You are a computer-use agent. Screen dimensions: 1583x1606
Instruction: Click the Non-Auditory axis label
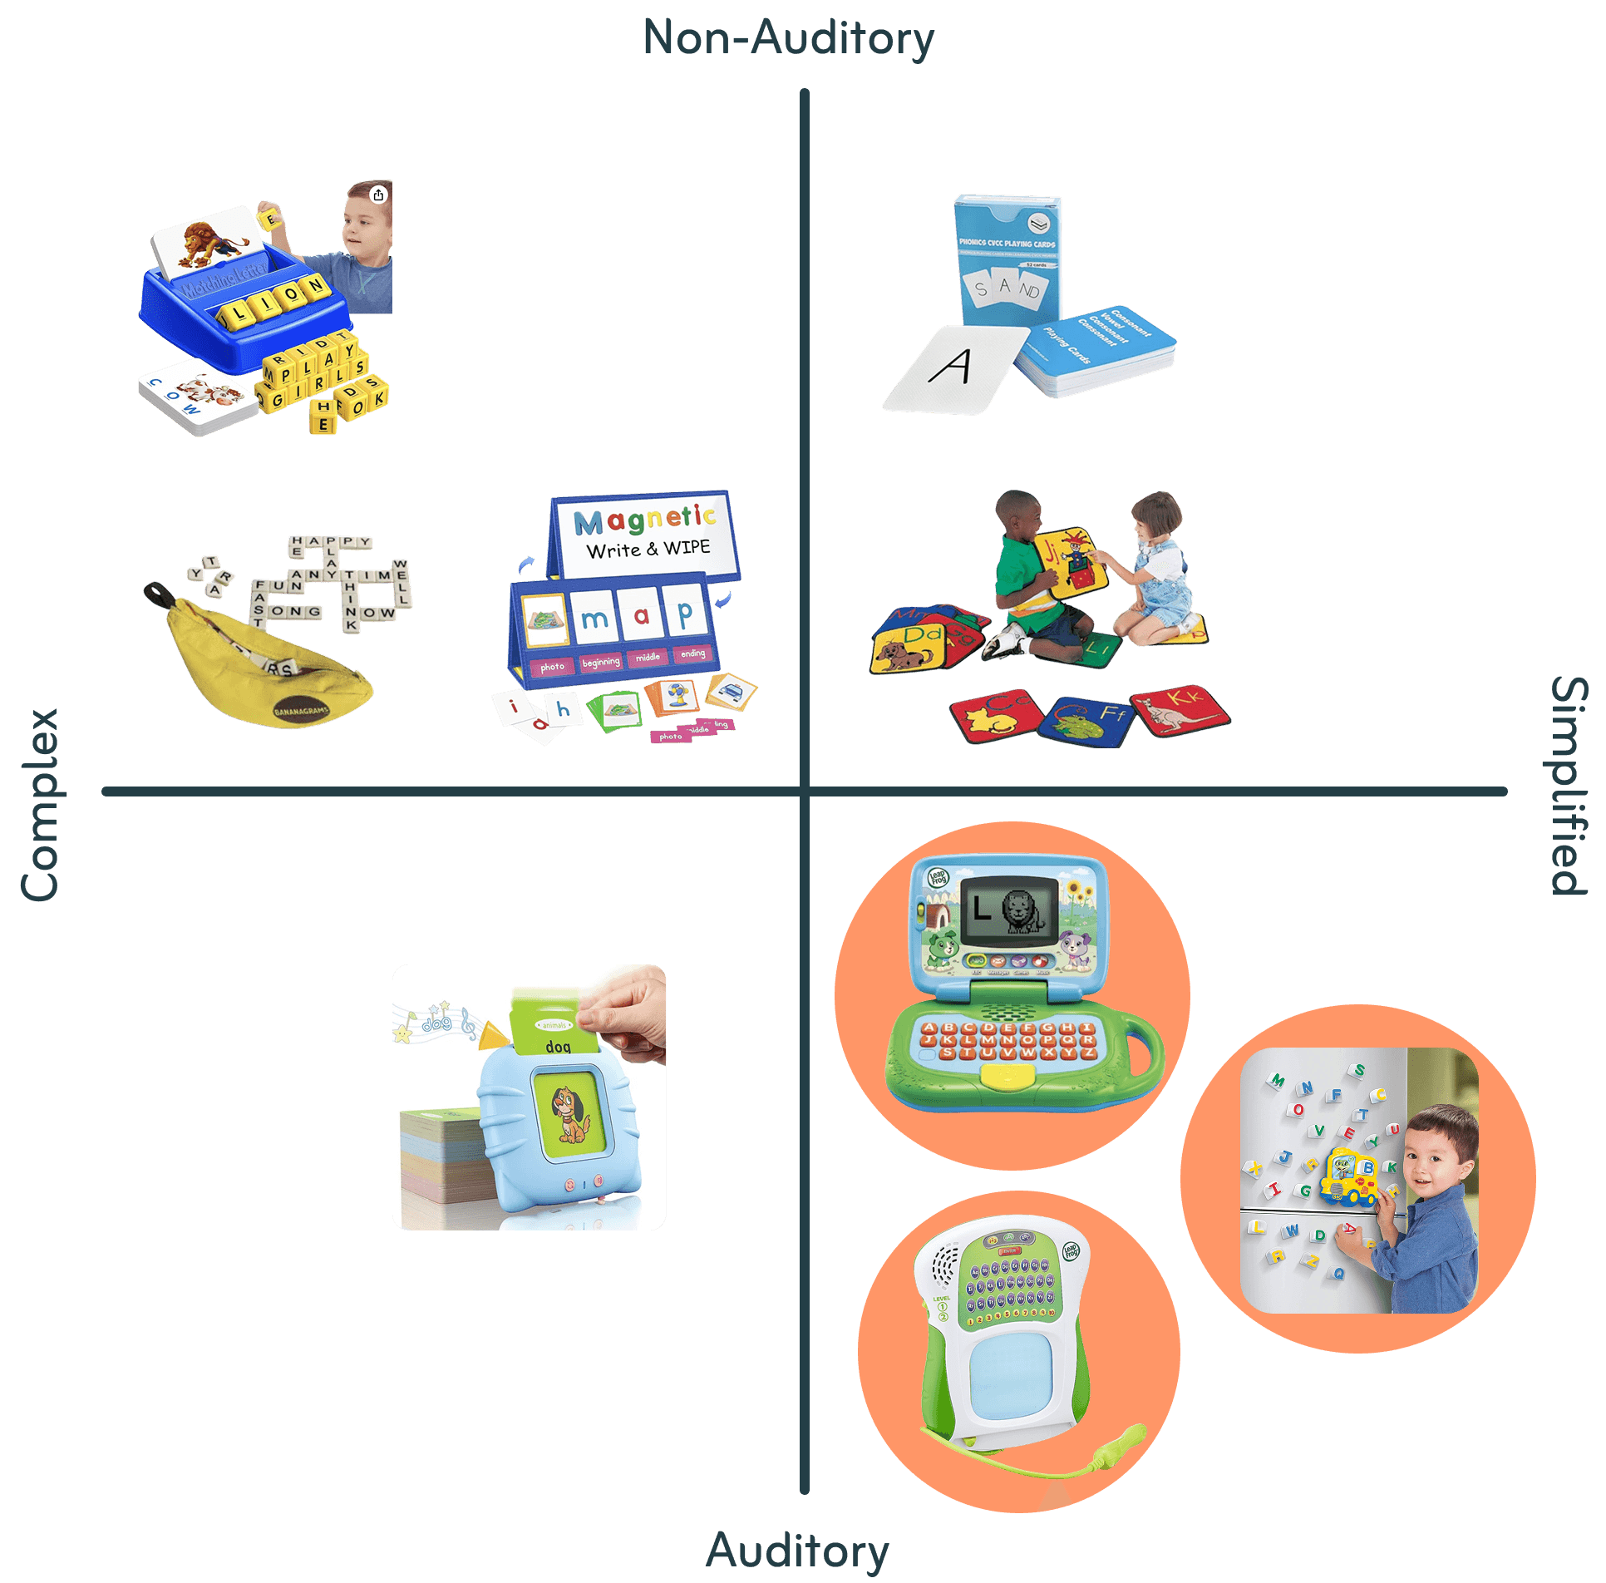788,39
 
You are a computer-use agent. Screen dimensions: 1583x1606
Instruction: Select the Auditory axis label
797,1550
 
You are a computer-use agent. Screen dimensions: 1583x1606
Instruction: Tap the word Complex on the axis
40,804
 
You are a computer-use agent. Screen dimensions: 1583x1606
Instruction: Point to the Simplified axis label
1569,786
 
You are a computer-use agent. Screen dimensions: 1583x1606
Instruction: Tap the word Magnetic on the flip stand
644,519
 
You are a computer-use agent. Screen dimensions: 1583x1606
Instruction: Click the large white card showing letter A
956,368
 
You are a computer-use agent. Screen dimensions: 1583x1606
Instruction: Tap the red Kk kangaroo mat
1180,708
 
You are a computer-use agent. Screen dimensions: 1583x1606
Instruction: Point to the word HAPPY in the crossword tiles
330,542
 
